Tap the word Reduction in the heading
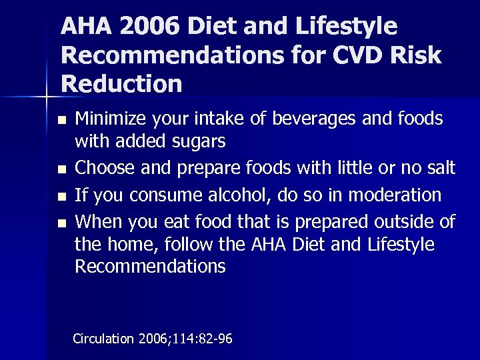click(121, 84)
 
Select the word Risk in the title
click(421, 55)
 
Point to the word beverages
click(320, 119)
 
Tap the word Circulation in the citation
click(103, 339)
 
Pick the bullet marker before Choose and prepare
click(62, 168)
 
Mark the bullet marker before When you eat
click(62, 223)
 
